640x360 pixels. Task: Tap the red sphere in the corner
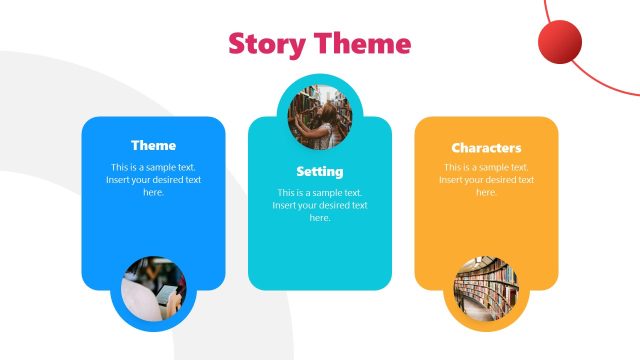tap(559, 42)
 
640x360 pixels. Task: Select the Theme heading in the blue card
tap(153, 145)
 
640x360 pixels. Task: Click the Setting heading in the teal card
tap(319, 171)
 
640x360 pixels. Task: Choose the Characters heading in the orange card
tap(486, 148)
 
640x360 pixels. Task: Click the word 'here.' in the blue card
tap(153, 192)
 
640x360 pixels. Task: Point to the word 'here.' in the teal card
tap(319, 217)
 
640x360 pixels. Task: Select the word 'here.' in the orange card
tap(486, 192)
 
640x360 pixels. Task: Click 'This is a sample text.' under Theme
tap(153, 167)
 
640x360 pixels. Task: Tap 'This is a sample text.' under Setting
tap(319, 192)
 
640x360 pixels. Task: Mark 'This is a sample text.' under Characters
tap(486, 167)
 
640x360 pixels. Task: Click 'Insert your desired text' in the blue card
tap(153, 180)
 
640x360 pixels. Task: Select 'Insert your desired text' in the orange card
tap(486, 180)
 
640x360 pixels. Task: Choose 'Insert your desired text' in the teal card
tap(319, 205)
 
